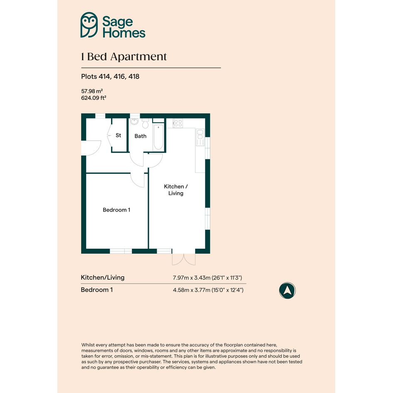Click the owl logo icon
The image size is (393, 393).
tap(89, 25)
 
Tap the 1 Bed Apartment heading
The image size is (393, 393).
tap(124, 57)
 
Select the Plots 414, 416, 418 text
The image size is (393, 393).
tap(110, 77)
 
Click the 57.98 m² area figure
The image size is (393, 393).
tap(92, 91)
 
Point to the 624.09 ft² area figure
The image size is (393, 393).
tap(94, 98)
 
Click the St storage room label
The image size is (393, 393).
tap(118, 135)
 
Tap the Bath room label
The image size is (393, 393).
tap(141, 136)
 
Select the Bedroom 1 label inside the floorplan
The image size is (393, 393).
tap(116, 210)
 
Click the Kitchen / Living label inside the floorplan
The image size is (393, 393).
tap(175, 190)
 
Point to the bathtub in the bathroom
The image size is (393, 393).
tap(158, 137)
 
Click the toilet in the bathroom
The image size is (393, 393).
tap(146, 124)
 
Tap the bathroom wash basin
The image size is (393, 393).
tap(134, 121)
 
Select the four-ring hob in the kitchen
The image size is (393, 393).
tap(178, 123)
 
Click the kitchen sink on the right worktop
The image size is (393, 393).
tap(200, 137)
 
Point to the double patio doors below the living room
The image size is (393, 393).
tap(184, 259)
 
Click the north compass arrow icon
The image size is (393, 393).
tap(287, 291)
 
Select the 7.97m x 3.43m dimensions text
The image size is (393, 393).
tap(207, 278)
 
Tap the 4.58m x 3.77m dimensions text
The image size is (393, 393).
tap(208, 290)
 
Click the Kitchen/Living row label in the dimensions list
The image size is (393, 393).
tap(102, 277)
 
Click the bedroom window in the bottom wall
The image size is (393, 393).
tap(121, 251)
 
